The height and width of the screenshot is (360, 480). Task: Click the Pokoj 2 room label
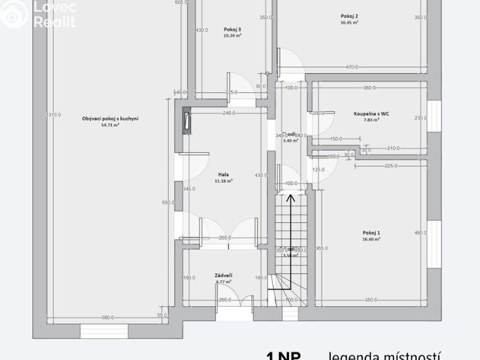(x=349, y=16)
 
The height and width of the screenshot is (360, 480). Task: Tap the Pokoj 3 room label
(x=233, y=29)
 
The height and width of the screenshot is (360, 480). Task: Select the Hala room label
(x=224, y=174)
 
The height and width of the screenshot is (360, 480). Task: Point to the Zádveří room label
(x=224, y=275)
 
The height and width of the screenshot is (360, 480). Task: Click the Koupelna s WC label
(x=372, y=113)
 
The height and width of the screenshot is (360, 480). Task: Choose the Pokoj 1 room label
(x=371, y=233)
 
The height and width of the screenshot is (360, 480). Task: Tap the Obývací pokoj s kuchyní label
(x=111, y=118)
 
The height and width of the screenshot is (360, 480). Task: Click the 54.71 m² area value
(x=111, y=125)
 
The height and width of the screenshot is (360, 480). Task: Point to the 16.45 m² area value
(x=349, y=22)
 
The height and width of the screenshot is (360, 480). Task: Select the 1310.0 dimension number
(x=53, y=115)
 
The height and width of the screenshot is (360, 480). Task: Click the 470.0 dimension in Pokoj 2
(x=352, y=67)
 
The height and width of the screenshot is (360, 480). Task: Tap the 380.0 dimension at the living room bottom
(x=108, y=317)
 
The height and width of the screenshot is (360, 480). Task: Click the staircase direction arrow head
(x=290, y=197)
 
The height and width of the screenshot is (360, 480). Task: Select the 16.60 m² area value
(x=371, y=239)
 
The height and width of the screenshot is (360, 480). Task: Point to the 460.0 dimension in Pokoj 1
(x=420, y=233)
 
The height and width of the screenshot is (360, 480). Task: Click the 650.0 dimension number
(x=168, y=202)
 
